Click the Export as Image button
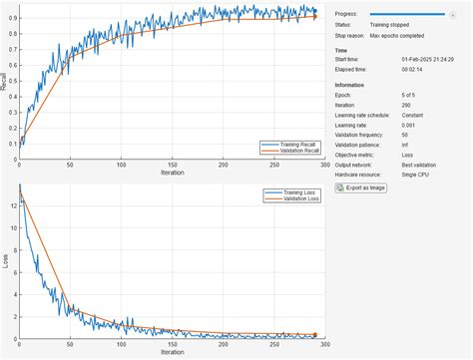click(x=360, y=186)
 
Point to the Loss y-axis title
click(x=4, y=263)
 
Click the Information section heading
click(x=349, y=85)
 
